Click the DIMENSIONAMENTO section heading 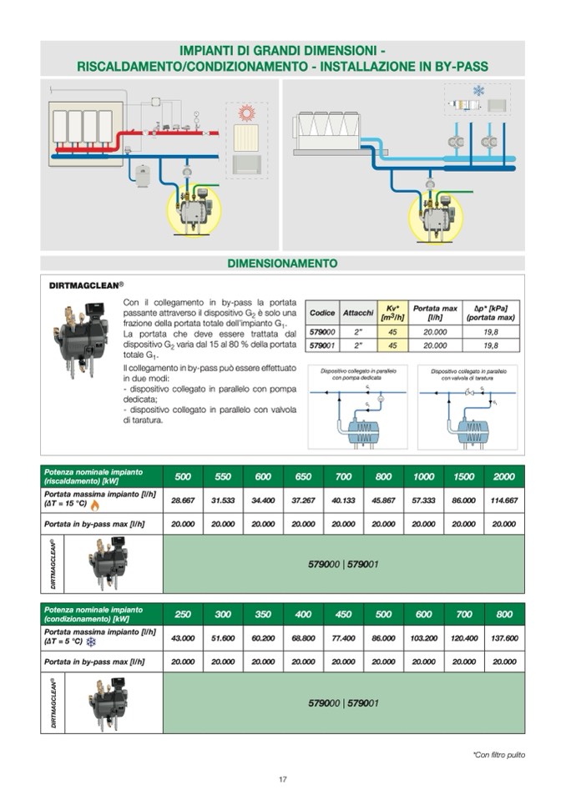point(282,264)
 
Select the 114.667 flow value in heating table point(503,501)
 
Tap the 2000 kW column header point(503,476)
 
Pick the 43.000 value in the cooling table point(183,638)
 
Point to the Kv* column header point(392,312)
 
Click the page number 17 point(283,779)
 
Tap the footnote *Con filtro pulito point(498,755)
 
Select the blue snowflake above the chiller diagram point(478,90)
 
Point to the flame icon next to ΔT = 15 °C point(95,506)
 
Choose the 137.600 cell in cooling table point(503,638)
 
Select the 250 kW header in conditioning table point(183,614)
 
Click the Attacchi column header point(357,313)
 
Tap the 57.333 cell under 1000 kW point(423,501)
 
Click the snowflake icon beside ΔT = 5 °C point(91,642)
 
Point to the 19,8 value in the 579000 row point(490,331)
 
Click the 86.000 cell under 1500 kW point(463,501)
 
